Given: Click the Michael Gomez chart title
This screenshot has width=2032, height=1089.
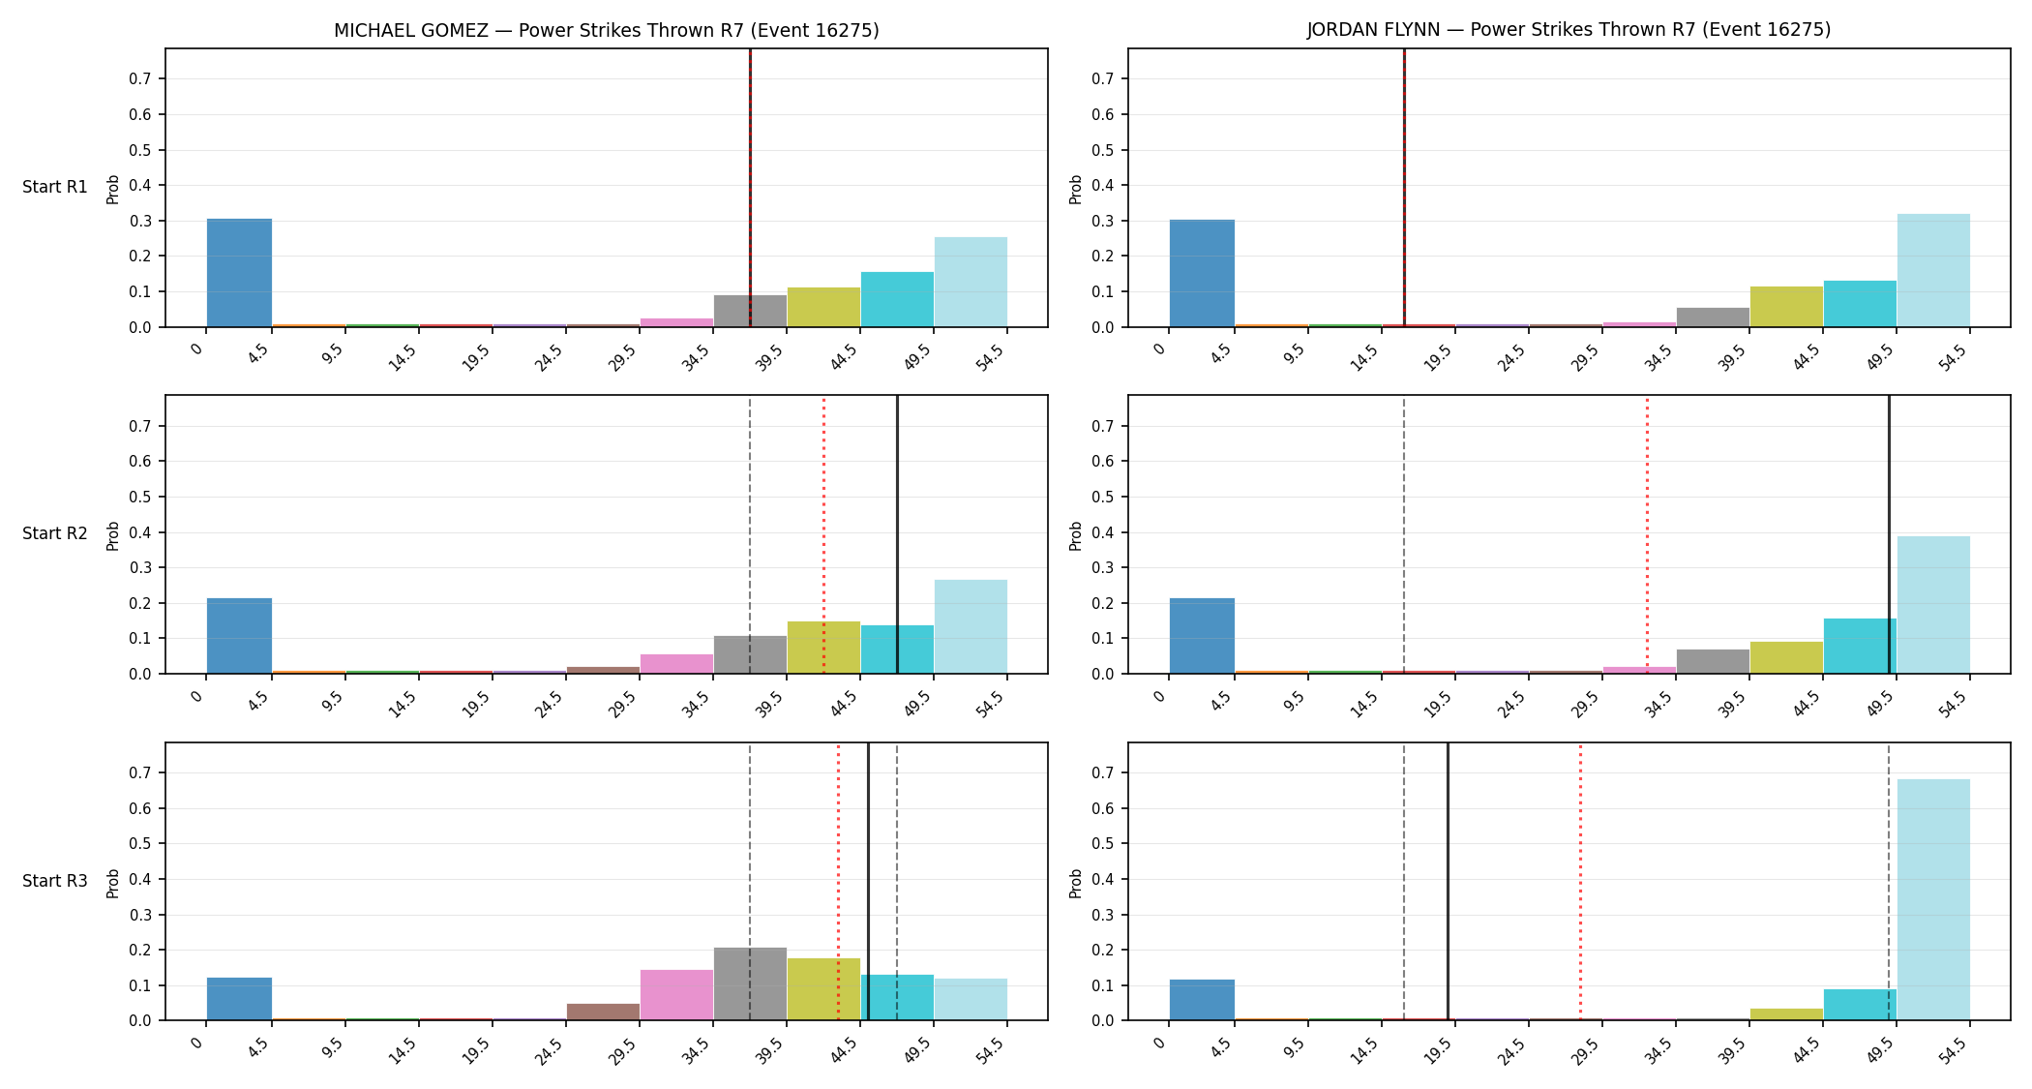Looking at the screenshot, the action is pyautogui.click(x=607, y=30).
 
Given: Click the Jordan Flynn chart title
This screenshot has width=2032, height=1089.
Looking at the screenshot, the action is pyautogui.click(x=1569, y=30).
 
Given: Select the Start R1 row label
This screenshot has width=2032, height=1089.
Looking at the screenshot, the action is pyautogui.click(x=55, y=187).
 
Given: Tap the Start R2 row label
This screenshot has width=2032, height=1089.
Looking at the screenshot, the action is pyautogui.click(x=55, y=533).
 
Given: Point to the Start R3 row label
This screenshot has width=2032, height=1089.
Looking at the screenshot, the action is pyautogui.click(x=55, y=881).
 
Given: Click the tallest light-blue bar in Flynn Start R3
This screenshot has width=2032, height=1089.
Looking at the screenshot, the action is pyautogui.click(x=1933, y=899).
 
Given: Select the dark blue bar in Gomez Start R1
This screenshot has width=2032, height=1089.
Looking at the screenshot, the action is pyautogui.click(x=239, y=273).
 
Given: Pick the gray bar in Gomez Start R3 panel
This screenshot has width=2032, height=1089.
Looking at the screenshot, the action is pyautogui.click(x=750, y=983).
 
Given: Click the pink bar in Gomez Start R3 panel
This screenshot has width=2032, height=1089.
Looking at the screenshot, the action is pyautogui.click(x=676, y=995).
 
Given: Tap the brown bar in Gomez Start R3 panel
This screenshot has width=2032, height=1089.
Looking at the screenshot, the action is pyautogui.click(x=603, y=1012).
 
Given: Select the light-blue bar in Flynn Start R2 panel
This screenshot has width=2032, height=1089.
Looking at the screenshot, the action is pyautogui.click(x=1933, y=605).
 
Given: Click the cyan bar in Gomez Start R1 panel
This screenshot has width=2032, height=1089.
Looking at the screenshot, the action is pyautogui.click(x=897, y=299).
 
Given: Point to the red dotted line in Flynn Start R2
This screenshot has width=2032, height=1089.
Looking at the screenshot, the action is pyautogui.click(x=1647, y=534).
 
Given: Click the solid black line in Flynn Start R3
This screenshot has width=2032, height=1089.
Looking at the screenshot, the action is pyautogui.click(x=1448, y=882).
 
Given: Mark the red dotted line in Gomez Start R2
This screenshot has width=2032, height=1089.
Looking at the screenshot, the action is pyautogui.click(x=823, y=534).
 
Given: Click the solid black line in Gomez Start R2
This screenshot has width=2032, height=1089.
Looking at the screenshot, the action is pyautogui.click(x=897, y=534).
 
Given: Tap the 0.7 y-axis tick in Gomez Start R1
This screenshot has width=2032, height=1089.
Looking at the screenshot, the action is pyautogui.click(x=141, y=78).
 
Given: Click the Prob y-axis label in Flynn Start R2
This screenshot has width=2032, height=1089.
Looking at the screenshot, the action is pyautogui.click(x=1075, y=535).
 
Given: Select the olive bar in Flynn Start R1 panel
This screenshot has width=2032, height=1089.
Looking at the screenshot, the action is pyautogui.click(x=1786, y=307).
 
